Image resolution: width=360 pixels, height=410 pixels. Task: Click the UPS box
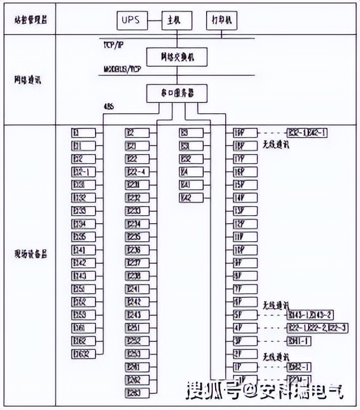pos(130,20)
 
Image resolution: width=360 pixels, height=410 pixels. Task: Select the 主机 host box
pos(174,20)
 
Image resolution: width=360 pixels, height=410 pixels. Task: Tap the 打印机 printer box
pos(221,20)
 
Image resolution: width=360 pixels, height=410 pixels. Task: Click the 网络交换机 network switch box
pos(177,57)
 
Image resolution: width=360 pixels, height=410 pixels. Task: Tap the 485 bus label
pos(109,106)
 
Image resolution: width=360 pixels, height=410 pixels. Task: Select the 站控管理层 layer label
pos(31,19)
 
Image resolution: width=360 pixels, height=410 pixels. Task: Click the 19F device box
pos(245,133)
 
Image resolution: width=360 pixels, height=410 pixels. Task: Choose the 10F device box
pos(245,249)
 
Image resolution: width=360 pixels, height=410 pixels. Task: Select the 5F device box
pos(245,315)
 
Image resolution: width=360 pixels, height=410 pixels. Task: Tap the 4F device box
pos(245,328)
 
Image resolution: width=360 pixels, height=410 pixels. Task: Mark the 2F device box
pos(245,354)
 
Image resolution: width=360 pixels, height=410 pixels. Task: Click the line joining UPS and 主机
pos(153,20)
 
